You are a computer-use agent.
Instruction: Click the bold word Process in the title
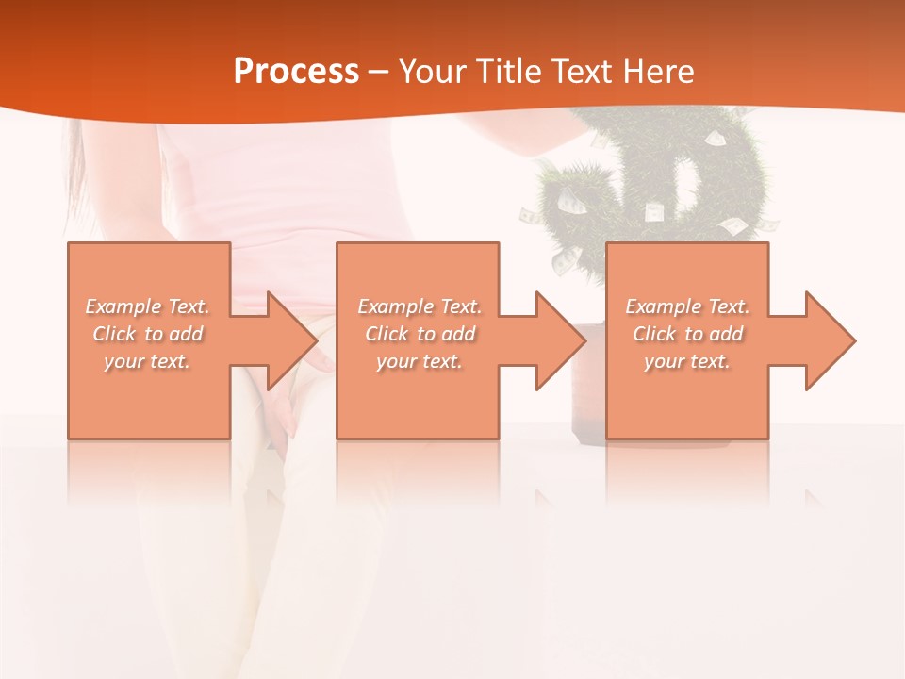click(x=296, y=71)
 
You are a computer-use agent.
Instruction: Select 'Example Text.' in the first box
click(x=148, y=306)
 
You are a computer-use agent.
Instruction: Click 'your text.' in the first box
click(x=148, y=361)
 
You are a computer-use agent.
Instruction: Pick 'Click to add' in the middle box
click(x=420, y=334)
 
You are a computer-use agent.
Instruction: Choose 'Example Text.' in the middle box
click(x=420, y=306)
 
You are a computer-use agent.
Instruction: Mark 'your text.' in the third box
click(x=687, y=361)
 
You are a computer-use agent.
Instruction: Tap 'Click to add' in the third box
click(x=687, y=334)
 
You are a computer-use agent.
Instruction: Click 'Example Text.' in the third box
click(x=687, y=306)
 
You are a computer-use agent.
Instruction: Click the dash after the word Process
click(x=379, y=72)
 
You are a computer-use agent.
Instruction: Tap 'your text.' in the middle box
click(x=420, y=361)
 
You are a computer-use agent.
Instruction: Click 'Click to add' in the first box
click(x=148, y=334)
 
